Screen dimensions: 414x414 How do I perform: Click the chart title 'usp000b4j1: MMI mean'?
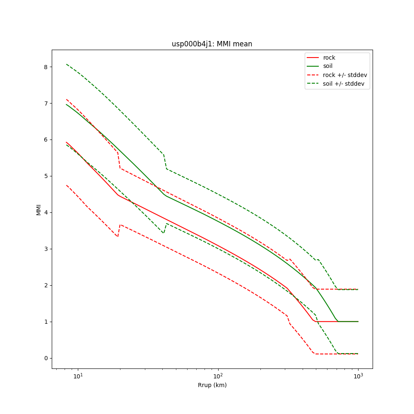212,44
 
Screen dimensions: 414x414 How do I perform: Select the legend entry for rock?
329,58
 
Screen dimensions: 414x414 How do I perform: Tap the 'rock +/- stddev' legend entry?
345,75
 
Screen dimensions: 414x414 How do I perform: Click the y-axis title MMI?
39,209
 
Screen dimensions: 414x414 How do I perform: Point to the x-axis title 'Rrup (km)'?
212,385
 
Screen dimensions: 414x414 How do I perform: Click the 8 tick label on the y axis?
46,67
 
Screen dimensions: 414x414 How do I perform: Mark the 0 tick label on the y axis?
46,358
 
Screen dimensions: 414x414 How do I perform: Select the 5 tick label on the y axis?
46,176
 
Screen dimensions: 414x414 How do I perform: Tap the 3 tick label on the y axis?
46,249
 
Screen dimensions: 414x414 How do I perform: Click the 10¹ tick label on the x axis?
78,376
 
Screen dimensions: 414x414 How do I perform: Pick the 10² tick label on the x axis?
218,376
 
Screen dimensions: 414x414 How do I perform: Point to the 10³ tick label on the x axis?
358,376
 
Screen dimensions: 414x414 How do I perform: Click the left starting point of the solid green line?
67,104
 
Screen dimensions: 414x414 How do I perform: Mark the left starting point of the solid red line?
67,142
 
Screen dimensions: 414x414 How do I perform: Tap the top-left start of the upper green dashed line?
67,64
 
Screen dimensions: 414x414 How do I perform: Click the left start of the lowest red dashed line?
67,185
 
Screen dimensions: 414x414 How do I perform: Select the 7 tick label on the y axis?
46,103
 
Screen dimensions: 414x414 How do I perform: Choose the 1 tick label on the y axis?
46,322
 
